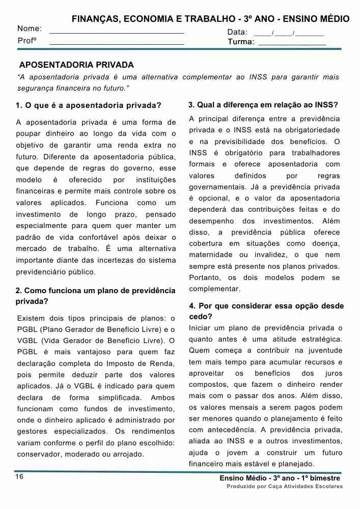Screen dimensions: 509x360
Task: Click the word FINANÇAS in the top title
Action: (x=93, y=19)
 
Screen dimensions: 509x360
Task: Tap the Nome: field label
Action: (x=30, y=30)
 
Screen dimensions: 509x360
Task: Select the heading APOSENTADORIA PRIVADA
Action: (x=76, y=65)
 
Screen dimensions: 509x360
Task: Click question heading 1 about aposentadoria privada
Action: (x=88, y=106)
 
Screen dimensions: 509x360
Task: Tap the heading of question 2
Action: (x=95, y=295)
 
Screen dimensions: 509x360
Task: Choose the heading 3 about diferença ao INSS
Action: (x=263, y=105)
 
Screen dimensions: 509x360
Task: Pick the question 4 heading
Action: (x=266, y=311)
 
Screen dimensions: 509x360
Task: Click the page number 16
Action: (x=19, y=476)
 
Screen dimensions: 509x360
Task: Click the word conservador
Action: (x=39, y=454)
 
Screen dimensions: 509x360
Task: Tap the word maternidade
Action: (x=212, y=254)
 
